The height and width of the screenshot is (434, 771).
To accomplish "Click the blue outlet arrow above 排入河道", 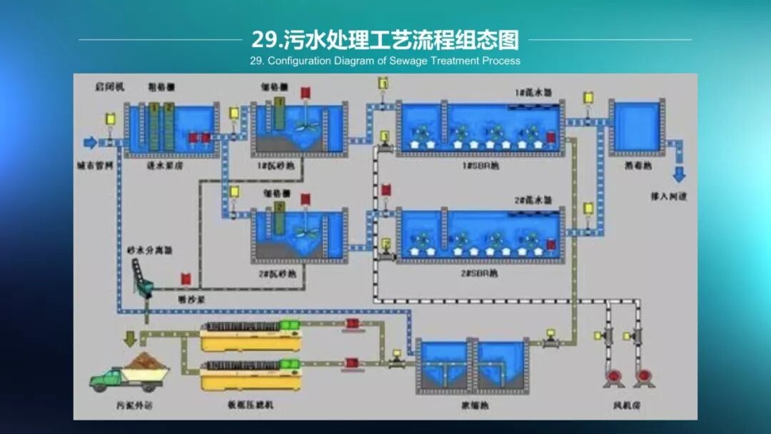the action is (679, 173).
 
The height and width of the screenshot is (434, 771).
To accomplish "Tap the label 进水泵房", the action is (164, 165).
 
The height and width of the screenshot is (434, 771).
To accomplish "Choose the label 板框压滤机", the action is (249, 405).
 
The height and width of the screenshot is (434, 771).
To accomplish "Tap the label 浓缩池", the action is (473, 404).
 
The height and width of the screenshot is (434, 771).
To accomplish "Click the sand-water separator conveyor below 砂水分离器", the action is (142, 279).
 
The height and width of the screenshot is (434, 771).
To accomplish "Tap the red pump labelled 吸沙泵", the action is (186, 278).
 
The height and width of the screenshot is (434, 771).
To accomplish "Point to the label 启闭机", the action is (109, 86).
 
